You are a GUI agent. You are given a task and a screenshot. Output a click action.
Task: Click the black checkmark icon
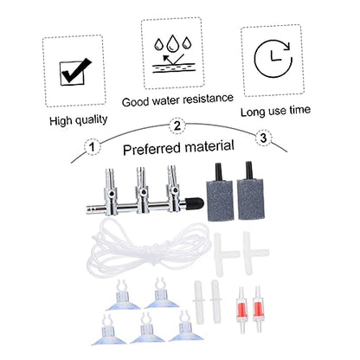(x=75, y=71)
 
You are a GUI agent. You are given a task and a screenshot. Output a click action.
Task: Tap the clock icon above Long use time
(x=273, y=59)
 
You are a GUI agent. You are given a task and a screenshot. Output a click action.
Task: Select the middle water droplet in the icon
(x=173, y=43)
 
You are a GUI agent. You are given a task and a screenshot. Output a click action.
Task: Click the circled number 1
(x=92, y=147)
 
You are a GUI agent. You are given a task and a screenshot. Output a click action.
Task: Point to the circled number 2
(x=177, y=125)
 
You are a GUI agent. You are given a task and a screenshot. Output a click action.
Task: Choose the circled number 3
(x=263, y=138)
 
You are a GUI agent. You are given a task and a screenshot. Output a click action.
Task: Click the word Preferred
(x=152, y=149)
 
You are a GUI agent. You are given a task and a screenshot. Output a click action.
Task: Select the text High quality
(x=79, y=119)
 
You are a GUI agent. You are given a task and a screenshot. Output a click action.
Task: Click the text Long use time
(x=275, y=111)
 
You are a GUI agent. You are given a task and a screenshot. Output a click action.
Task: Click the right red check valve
(x=257, y=309)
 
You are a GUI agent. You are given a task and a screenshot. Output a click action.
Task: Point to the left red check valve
(x=242, y=310)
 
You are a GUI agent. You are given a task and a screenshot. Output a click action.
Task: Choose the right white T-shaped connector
(x=255, y=253)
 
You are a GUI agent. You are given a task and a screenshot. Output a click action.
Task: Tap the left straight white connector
(x=199, y=302)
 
